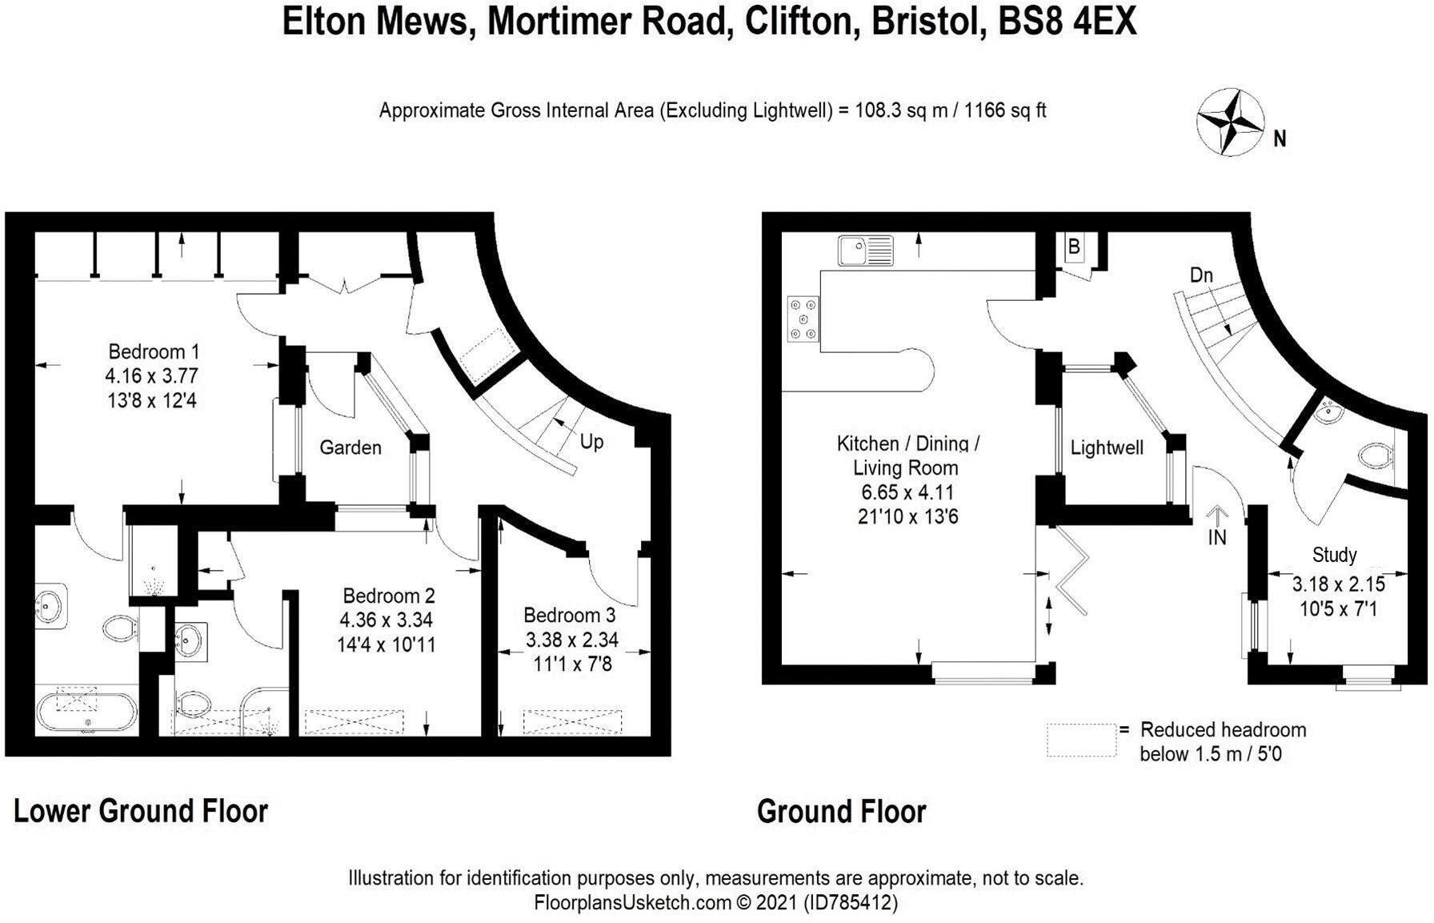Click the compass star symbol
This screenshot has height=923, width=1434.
(1230, 122)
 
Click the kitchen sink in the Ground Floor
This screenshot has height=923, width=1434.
(865, 251)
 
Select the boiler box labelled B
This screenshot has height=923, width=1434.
(1074, 247)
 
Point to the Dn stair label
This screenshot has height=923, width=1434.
(1201, 275)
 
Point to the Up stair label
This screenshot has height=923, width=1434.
(591, 442)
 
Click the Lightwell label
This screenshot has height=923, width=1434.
(1107, 447)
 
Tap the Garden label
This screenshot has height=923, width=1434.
(350, 447)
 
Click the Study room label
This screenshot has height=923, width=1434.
(1334, 555)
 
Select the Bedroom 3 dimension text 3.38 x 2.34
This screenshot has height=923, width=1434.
(571, 640)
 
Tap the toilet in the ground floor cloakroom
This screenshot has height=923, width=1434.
(1374, 456)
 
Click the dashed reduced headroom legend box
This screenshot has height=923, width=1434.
(1081, 740)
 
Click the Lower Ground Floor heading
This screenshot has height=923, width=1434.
(141, 811)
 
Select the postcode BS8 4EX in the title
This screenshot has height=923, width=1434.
(1067, 22)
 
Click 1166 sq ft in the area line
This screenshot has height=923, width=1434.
(1005, 110)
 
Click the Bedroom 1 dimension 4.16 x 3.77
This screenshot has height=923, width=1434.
(151, 375)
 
